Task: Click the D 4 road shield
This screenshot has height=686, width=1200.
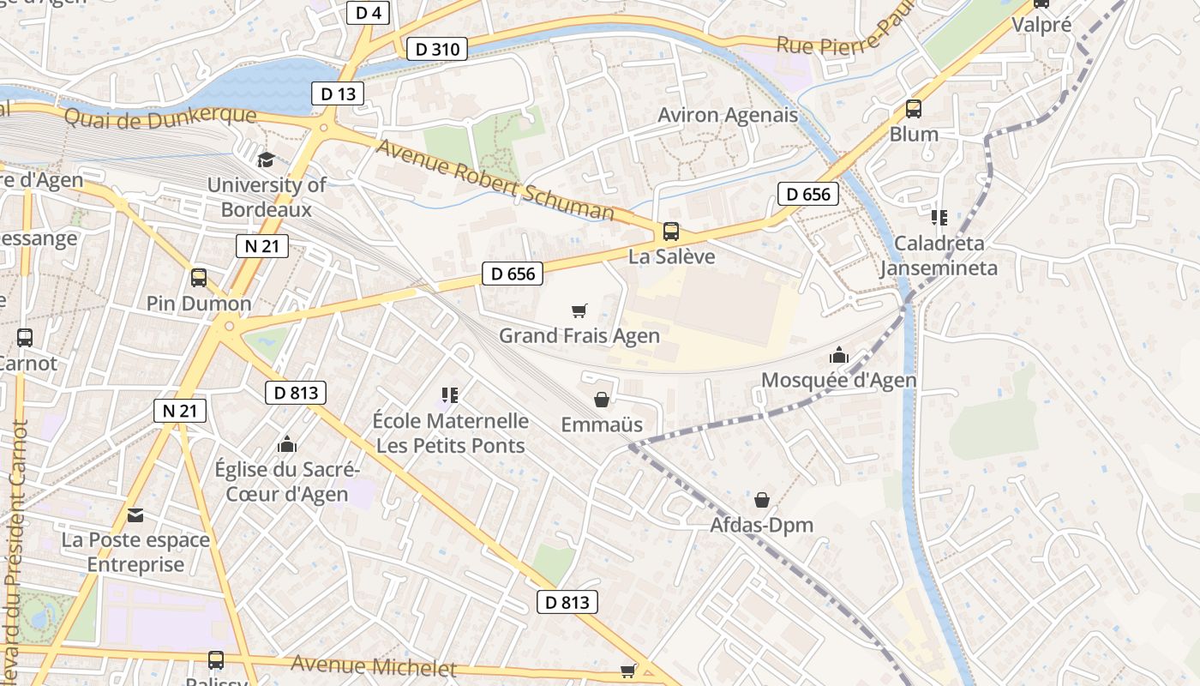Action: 369,12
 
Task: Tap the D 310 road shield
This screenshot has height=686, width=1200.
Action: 437,49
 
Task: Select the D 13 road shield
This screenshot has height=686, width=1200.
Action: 338,93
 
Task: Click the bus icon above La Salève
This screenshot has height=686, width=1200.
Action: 670,232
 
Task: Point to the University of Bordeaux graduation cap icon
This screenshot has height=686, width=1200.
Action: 266,160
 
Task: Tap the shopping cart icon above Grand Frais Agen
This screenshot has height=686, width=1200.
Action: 579,310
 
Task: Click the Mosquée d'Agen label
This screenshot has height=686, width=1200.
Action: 838,380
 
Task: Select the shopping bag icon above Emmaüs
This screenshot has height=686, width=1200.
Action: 602,400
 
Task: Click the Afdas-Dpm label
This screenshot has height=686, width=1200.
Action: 761,525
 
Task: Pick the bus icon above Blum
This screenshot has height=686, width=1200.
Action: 914,109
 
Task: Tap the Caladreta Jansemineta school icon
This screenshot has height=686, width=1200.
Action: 939,218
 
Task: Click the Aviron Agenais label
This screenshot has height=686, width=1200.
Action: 727,115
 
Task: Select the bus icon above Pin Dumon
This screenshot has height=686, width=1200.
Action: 199,278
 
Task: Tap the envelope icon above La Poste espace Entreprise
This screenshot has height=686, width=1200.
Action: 135,515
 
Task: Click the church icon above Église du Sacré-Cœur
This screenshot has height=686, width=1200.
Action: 287,444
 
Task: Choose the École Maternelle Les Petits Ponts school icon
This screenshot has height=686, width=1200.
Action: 450,395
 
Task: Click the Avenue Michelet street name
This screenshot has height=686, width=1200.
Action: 373,665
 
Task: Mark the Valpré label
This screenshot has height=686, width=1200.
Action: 1041,25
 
